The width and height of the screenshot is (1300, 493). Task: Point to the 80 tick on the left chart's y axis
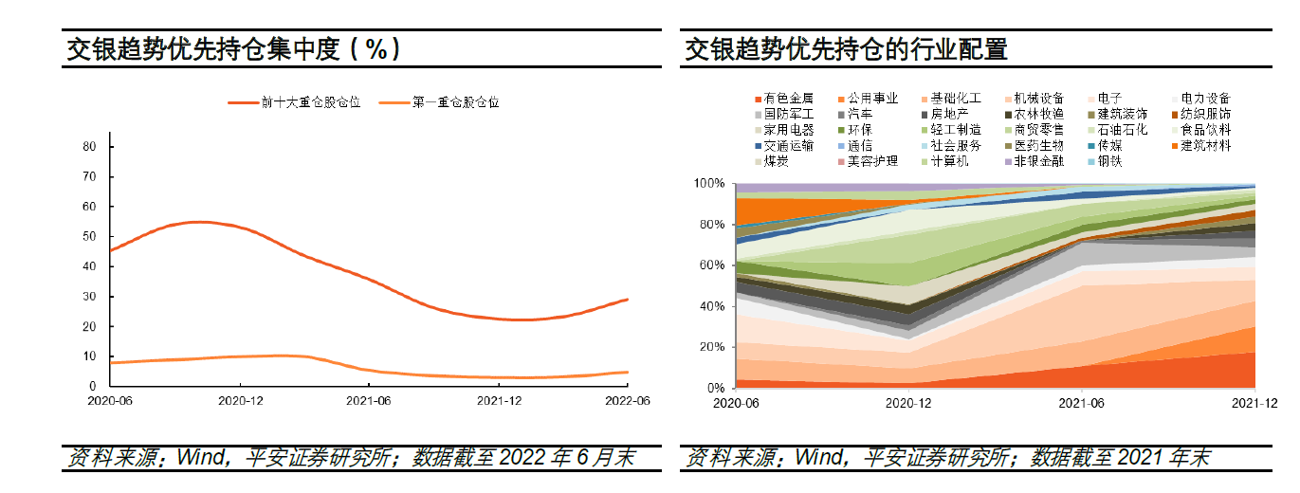tap(89, 147)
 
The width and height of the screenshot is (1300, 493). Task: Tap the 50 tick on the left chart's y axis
tap(89, 236)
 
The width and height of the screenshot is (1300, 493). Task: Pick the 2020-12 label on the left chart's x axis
tap(240, 401)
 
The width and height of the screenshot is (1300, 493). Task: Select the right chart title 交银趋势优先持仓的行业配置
tap(846, 49)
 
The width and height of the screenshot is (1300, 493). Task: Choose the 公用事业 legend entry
tap(872, 99)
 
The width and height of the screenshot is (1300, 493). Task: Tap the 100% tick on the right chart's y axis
tap(710, 183)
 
